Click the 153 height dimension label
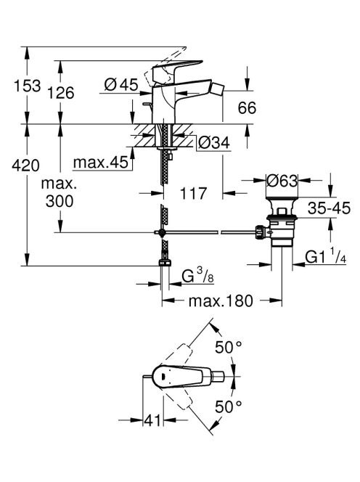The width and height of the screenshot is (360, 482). click(x=28, y=86)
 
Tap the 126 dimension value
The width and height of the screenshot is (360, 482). click(x=60, y=92)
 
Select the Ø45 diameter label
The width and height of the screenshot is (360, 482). click(x=121, y=84)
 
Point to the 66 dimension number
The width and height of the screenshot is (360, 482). click(x=247, y=108)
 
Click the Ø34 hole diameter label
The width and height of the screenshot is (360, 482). click(x=214, y=142)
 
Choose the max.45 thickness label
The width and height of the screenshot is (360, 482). click(x=101, y=162)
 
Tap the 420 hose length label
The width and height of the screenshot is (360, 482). click(x=26, y=166)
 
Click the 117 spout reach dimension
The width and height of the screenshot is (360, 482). click(x=193, y=193)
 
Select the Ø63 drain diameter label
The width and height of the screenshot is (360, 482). click(x=282, y=181)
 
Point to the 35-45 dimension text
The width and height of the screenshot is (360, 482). click(x=329, y=208)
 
